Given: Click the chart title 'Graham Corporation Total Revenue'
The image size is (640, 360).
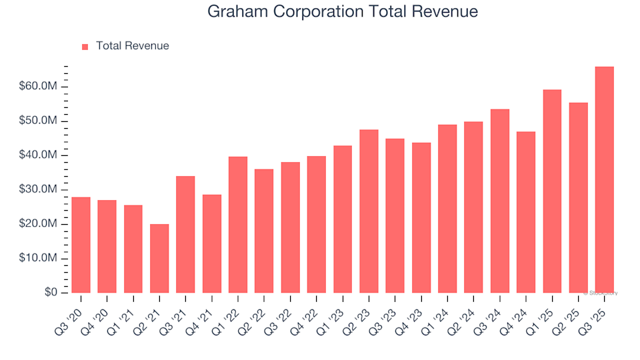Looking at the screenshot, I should coord(342,11).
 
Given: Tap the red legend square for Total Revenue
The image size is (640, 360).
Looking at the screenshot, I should coord(85,47).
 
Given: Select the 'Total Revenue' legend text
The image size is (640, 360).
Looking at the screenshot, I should coord(132,46).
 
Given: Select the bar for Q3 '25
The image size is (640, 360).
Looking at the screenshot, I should coord(604,179).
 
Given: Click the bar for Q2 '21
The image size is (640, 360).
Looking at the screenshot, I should coord(159,258).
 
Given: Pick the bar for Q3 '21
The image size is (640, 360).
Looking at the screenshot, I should coord(185,234).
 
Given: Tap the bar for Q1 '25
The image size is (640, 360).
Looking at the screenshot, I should coord(552,191).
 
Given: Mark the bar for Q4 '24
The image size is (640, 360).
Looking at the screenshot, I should coord(526,212).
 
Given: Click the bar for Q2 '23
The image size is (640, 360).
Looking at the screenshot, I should coord(369,211).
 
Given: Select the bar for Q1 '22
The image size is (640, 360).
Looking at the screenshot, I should coord(238,225).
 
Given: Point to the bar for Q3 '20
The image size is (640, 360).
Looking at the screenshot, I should coord(81,245).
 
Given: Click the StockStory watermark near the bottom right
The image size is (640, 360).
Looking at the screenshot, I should coord(601,293).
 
